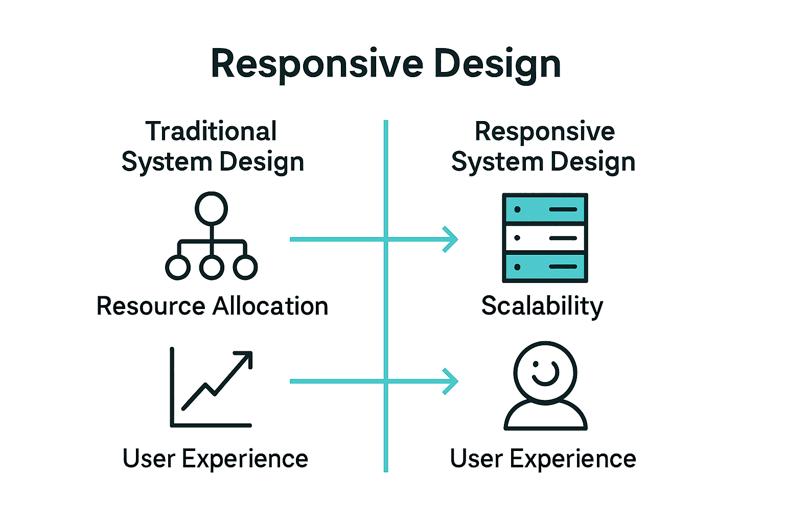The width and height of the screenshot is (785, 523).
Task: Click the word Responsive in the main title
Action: [317, 64]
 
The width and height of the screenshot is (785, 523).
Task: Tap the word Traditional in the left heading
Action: [211, 131]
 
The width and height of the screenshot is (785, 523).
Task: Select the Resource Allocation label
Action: [212, 306]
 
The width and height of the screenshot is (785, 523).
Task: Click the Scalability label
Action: [542, 306]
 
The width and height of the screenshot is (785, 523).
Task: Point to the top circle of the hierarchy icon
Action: [211, 208]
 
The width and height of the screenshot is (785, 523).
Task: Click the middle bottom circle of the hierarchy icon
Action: [212, 267]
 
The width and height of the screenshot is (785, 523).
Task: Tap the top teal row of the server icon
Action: [545, 209]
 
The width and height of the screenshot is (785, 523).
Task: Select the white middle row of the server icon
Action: [545, 238]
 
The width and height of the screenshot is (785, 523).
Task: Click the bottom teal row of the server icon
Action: [545, 267]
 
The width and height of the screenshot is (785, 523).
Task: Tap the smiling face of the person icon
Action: [545, 373]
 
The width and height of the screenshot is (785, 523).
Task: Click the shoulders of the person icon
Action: [545, 416]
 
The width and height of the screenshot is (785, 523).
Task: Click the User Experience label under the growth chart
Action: [215, 458]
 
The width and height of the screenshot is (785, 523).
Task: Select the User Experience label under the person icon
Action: [543, 458]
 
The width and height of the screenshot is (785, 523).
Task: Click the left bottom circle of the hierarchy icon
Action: [178, 267]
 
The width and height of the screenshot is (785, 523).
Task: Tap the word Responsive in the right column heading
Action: [545, 131]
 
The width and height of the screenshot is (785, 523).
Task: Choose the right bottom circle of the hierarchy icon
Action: [245, 267]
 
